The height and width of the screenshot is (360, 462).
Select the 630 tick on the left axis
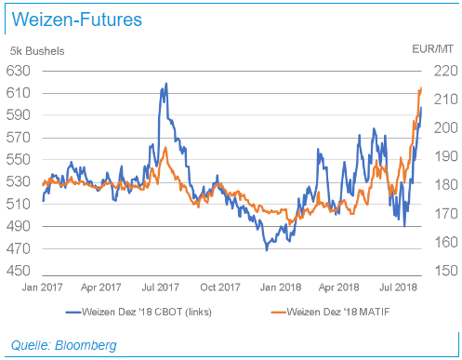20,70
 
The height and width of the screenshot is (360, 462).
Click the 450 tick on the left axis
20,272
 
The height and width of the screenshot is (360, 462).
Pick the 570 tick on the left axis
20,137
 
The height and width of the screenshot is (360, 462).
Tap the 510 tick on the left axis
20,205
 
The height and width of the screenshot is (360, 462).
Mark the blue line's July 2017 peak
165,84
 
